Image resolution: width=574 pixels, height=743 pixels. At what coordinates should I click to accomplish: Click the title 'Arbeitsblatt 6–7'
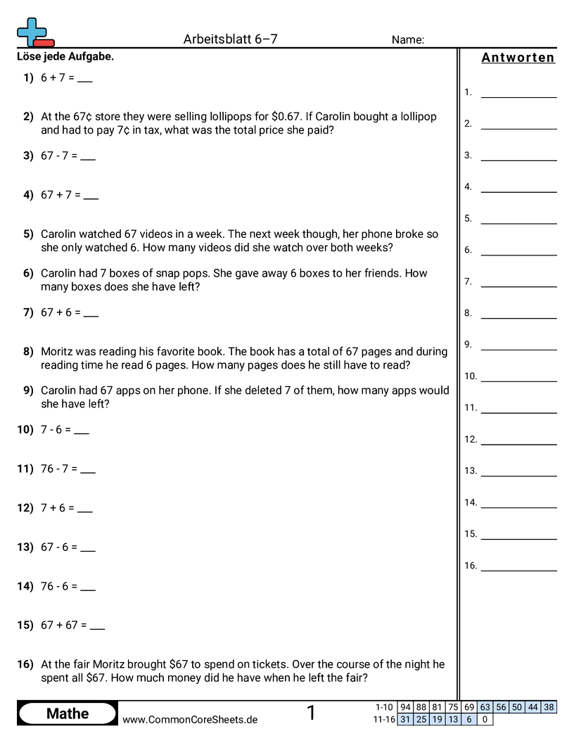230,39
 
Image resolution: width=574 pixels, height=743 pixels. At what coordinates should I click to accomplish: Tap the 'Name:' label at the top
407,40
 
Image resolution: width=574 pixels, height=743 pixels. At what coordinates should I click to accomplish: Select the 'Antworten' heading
518,58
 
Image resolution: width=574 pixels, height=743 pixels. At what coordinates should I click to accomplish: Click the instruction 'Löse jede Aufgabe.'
65,57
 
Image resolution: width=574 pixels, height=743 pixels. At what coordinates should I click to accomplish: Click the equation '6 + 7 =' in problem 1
58,78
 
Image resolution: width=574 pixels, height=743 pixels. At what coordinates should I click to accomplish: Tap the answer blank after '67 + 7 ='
91,196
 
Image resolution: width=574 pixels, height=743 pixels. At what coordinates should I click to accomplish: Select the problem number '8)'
28,351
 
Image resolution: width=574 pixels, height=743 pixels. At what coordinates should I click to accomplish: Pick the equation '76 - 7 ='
59,469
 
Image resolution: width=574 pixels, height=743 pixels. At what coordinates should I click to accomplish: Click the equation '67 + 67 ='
63,625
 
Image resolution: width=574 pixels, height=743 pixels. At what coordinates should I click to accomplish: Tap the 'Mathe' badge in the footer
68,713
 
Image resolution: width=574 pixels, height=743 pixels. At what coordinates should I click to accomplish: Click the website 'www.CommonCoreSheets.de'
190,720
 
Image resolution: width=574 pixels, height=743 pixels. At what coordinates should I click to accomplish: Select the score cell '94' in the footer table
405,707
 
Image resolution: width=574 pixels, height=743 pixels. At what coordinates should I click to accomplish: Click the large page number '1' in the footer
311,713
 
